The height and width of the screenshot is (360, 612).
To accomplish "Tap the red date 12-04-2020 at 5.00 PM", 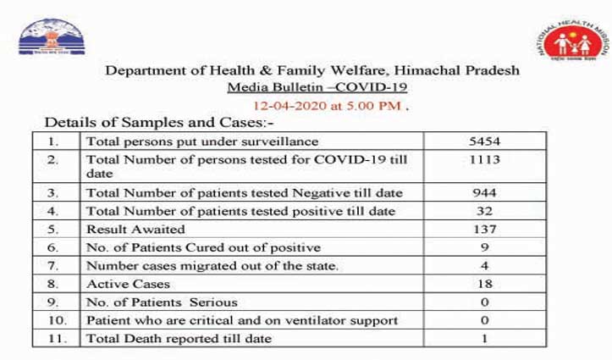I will (x=325, y=107).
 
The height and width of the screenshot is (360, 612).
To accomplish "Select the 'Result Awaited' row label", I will (x=129, y=229).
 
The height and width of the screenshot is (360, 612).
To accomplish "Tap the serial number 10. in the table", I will (x=58, y=319).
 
